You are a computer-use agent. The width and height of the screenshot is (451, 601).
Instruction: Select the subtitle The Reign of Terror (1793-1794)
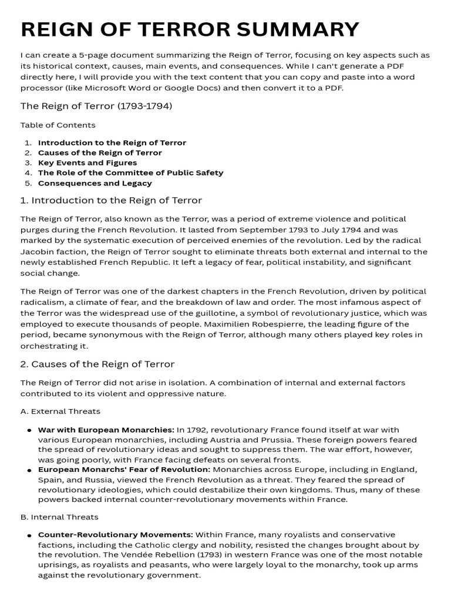pos(96,106)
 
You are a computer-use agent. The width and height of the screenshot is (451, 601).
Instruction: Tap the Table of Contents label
pos(58,125)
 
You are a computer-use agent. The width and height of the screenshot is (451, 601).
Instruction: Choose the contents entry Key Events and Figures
pos(87,163)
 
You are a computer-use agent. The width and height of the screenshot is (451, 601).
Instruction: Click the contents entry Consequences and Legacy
pos(95,183)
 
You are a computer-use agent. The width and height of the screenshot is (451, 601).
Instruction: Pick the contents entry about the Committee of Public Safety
pos(130,173)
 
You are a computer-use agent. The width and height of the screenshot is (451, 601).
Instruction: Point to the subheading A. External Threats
pos(60,411)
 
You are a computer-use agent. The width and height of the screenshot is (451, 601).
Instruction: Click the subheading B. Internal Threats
pos(59,517)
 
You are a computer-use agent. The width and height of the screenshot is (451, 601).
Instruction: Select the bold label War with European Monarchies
pos(106,430)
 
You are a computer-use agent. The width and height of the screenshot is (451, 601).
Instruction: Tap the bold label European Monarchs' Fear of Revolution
pos(124,470)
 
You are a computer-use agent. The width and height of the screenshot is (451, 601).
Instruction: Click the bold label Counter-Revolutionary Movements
pos(115,535)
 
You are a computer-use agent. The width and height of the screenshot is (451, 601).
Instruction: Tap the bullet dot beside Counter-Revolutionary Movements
pos(29,536)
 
